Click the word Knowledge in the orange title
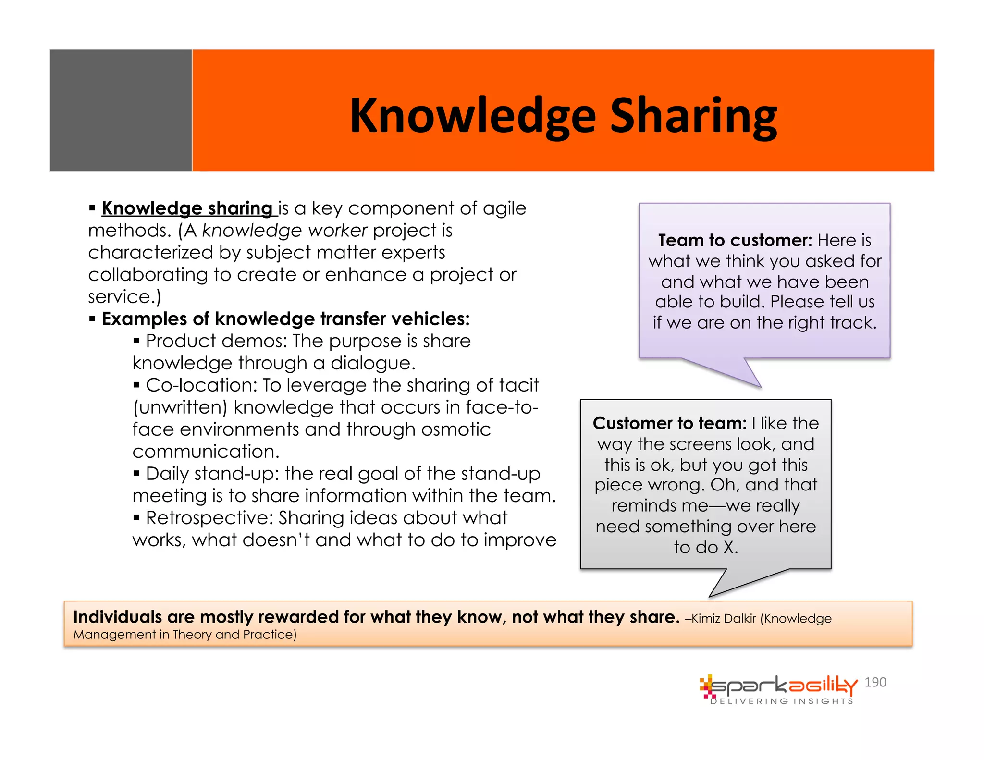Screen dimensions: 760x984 (x=473, y=116)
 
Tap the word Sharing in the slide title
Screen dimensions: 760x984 (x=693, y=116)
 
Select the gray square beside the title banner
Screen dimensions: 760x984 (x=121, y=110)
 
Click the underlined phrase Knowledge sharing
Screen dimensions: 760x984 (x=187, y=208)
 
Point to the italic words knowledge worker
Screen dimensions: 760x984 (x=284, y=231)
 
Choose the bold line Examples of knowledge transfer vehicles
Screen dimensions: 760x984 (x=285, y=319)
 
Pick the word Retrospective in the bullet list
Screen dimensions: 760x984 (x=209, y=518)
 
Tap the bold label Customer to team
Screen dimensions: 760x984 (x=669, y=423)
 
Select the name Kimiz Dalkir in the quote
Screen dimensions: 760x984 (x=723, y=619)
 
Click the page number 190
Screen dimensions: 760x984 (x=875, y=682)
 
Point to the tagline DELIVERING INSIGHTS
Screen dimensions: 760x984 (x=782, y=701)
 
